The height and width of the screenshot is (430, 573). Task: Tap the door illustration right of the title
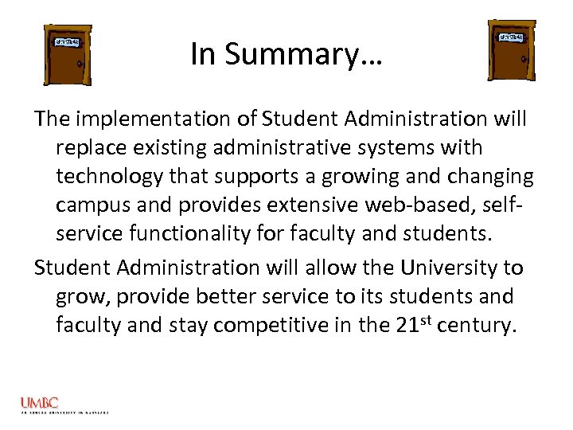click(511, 49)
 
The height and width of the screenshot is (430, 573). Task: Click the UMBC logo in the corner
click(40, 404)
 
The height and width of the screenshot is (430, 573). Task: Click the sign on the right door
click(512, 37)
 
